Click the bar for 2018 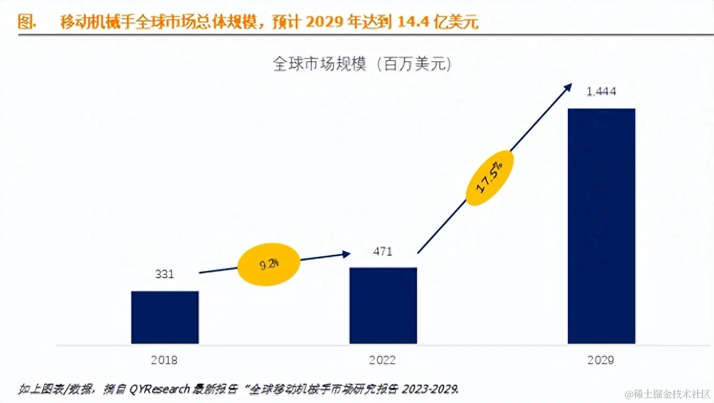coord(165,317)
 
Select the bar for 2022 coord(383,305)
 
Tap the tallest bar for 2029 coord(601,226)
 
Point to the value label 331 coord(165,274)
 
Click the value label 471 coord(382,251)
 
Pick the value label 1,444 coord(601,91)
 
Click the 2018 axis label coord(165,359)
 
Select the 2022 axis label coord(382,359)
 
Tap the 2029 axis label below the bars coord(601,359)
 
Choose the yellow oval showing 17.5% coord(490,178)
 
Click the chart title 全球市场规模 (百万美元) coord(362,64)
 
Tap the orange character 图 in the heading coord(25,23)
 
